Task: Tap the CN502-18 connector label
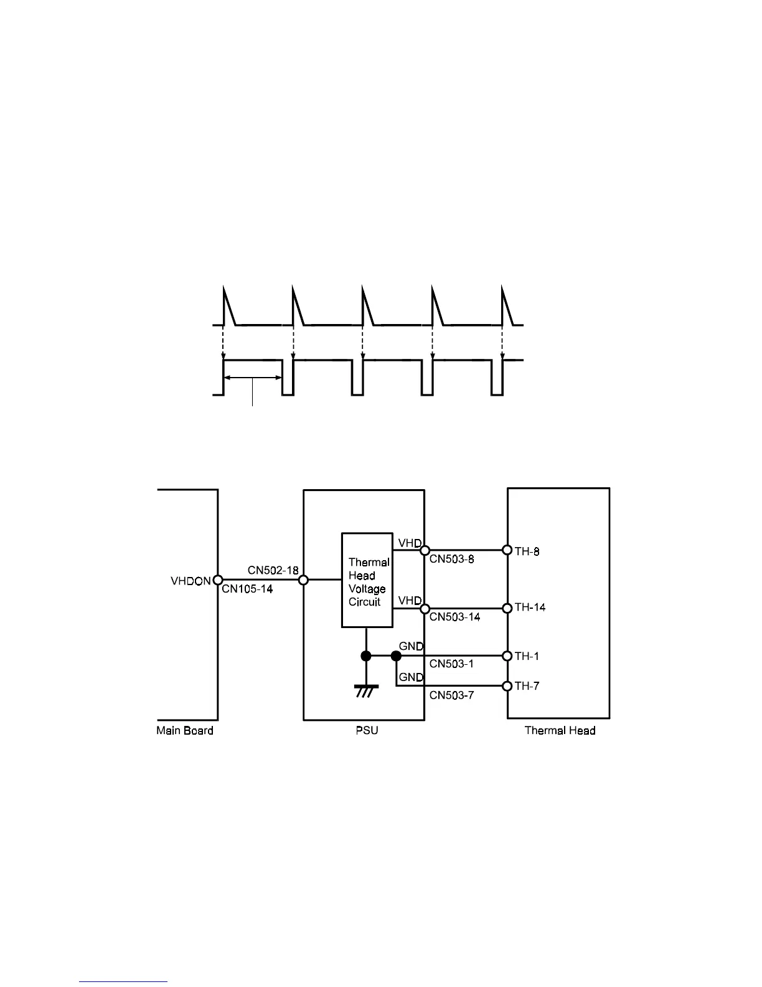[273, 570]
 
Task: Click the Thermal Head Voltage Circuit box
[367, 581]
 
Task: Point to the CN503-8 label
[451, 560]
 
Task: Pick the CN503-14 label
[454, 617]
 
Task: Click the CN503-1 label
[451, 664]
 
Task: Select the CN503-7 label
[451, 695]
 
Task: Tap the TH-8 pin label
[527, 551]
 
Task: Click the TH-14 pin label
[530, 608]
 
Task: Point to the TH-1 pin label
[527, 656]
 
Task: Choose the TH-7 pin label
[527, 686]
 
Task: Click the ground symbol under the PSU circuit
[366, 690]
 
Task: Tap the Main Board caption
[185, 731]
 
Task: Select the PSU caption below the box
[367, 731]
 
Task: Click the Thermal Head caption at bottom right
[560, 731]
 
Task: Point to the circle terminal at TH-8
[507, 550]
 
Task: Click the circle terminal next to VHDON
[218, 580]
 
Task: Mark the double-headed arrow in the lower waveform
[252, 377]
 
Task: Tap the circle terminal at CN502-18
[304, 580]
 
